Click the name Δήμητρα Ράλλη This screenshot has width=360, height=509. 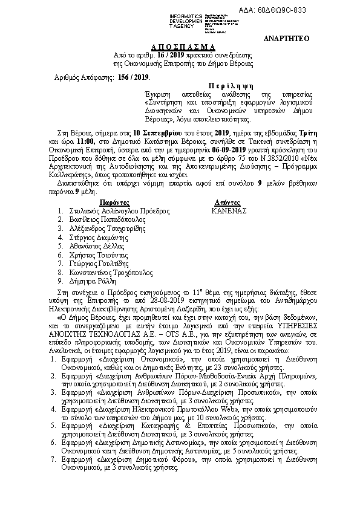(87, 281)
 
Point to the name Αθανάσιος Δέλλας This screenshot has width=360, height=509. (91, 246)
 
